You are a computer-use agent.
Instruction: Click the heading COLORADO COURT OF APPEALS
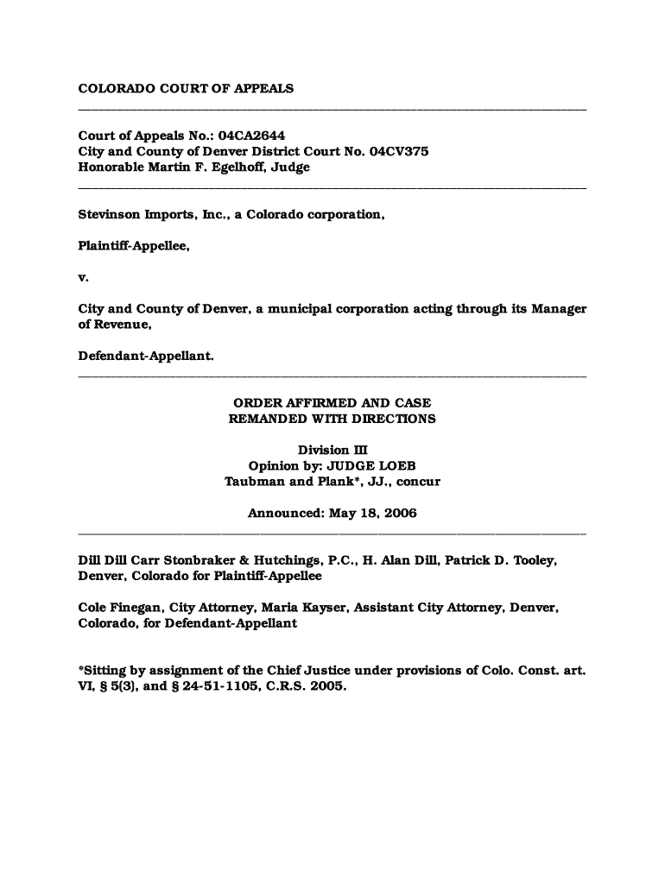[x=186, y=88]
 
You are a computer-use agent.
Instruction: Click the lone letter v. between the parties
[x=83, y=278]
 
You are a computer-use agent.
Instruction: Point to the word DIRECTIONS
[x=391, y=419]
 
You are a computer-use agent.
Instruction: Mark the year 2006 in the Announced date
[x=398, y=514]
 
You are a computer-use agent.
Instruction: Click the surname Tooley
[x=535, y=560]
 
